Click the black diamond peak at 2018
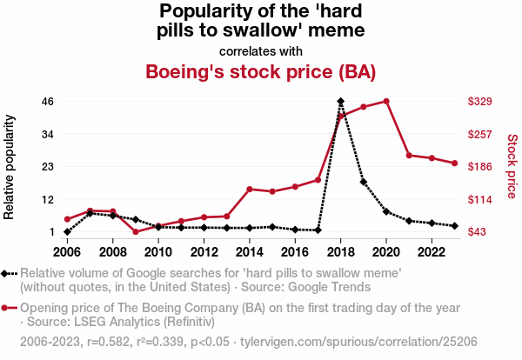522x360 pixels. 341,102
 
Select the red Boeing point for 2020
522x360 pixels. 386,102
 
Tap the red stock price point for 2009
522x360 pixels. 136,231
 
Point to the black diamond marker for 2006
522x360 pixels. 67,232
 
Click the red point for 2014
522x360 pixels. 250,189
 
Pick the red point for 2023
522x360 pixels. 454,163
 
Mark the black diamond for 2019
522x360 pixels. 364,182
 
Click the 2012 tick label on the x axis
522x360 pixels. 204,251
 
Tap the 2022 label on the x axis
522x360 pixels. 432,251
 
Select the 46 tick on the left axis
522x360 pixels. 48,102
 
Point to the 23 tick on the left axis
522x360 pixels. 48,166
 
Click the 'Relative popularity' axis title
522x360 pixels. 11,166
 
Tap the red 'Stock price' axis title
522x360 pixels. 512,166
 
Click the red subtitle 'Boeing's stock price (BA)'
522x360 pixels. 261,71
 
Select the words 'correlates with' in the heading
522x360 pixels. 261,50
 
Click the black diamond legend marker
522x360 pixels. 6,274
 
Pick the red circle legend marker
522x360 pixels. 6,308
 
